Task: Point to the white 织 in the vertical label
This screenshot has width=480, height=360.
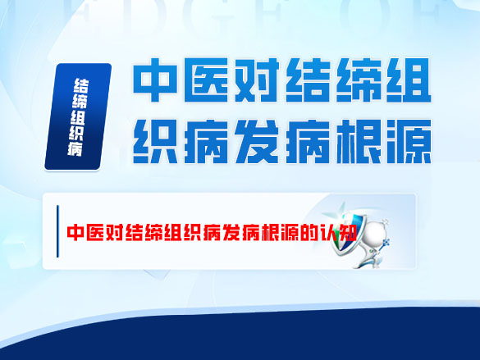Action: click(81, 130)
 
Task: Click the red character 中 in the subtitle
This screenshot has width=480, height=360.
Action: click(75, 232)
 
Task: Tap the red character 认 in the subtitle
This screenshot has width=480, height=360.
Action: click(333, 232)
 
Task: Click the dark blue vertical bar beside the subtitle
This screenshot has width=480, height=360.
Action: click(57, 232)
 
